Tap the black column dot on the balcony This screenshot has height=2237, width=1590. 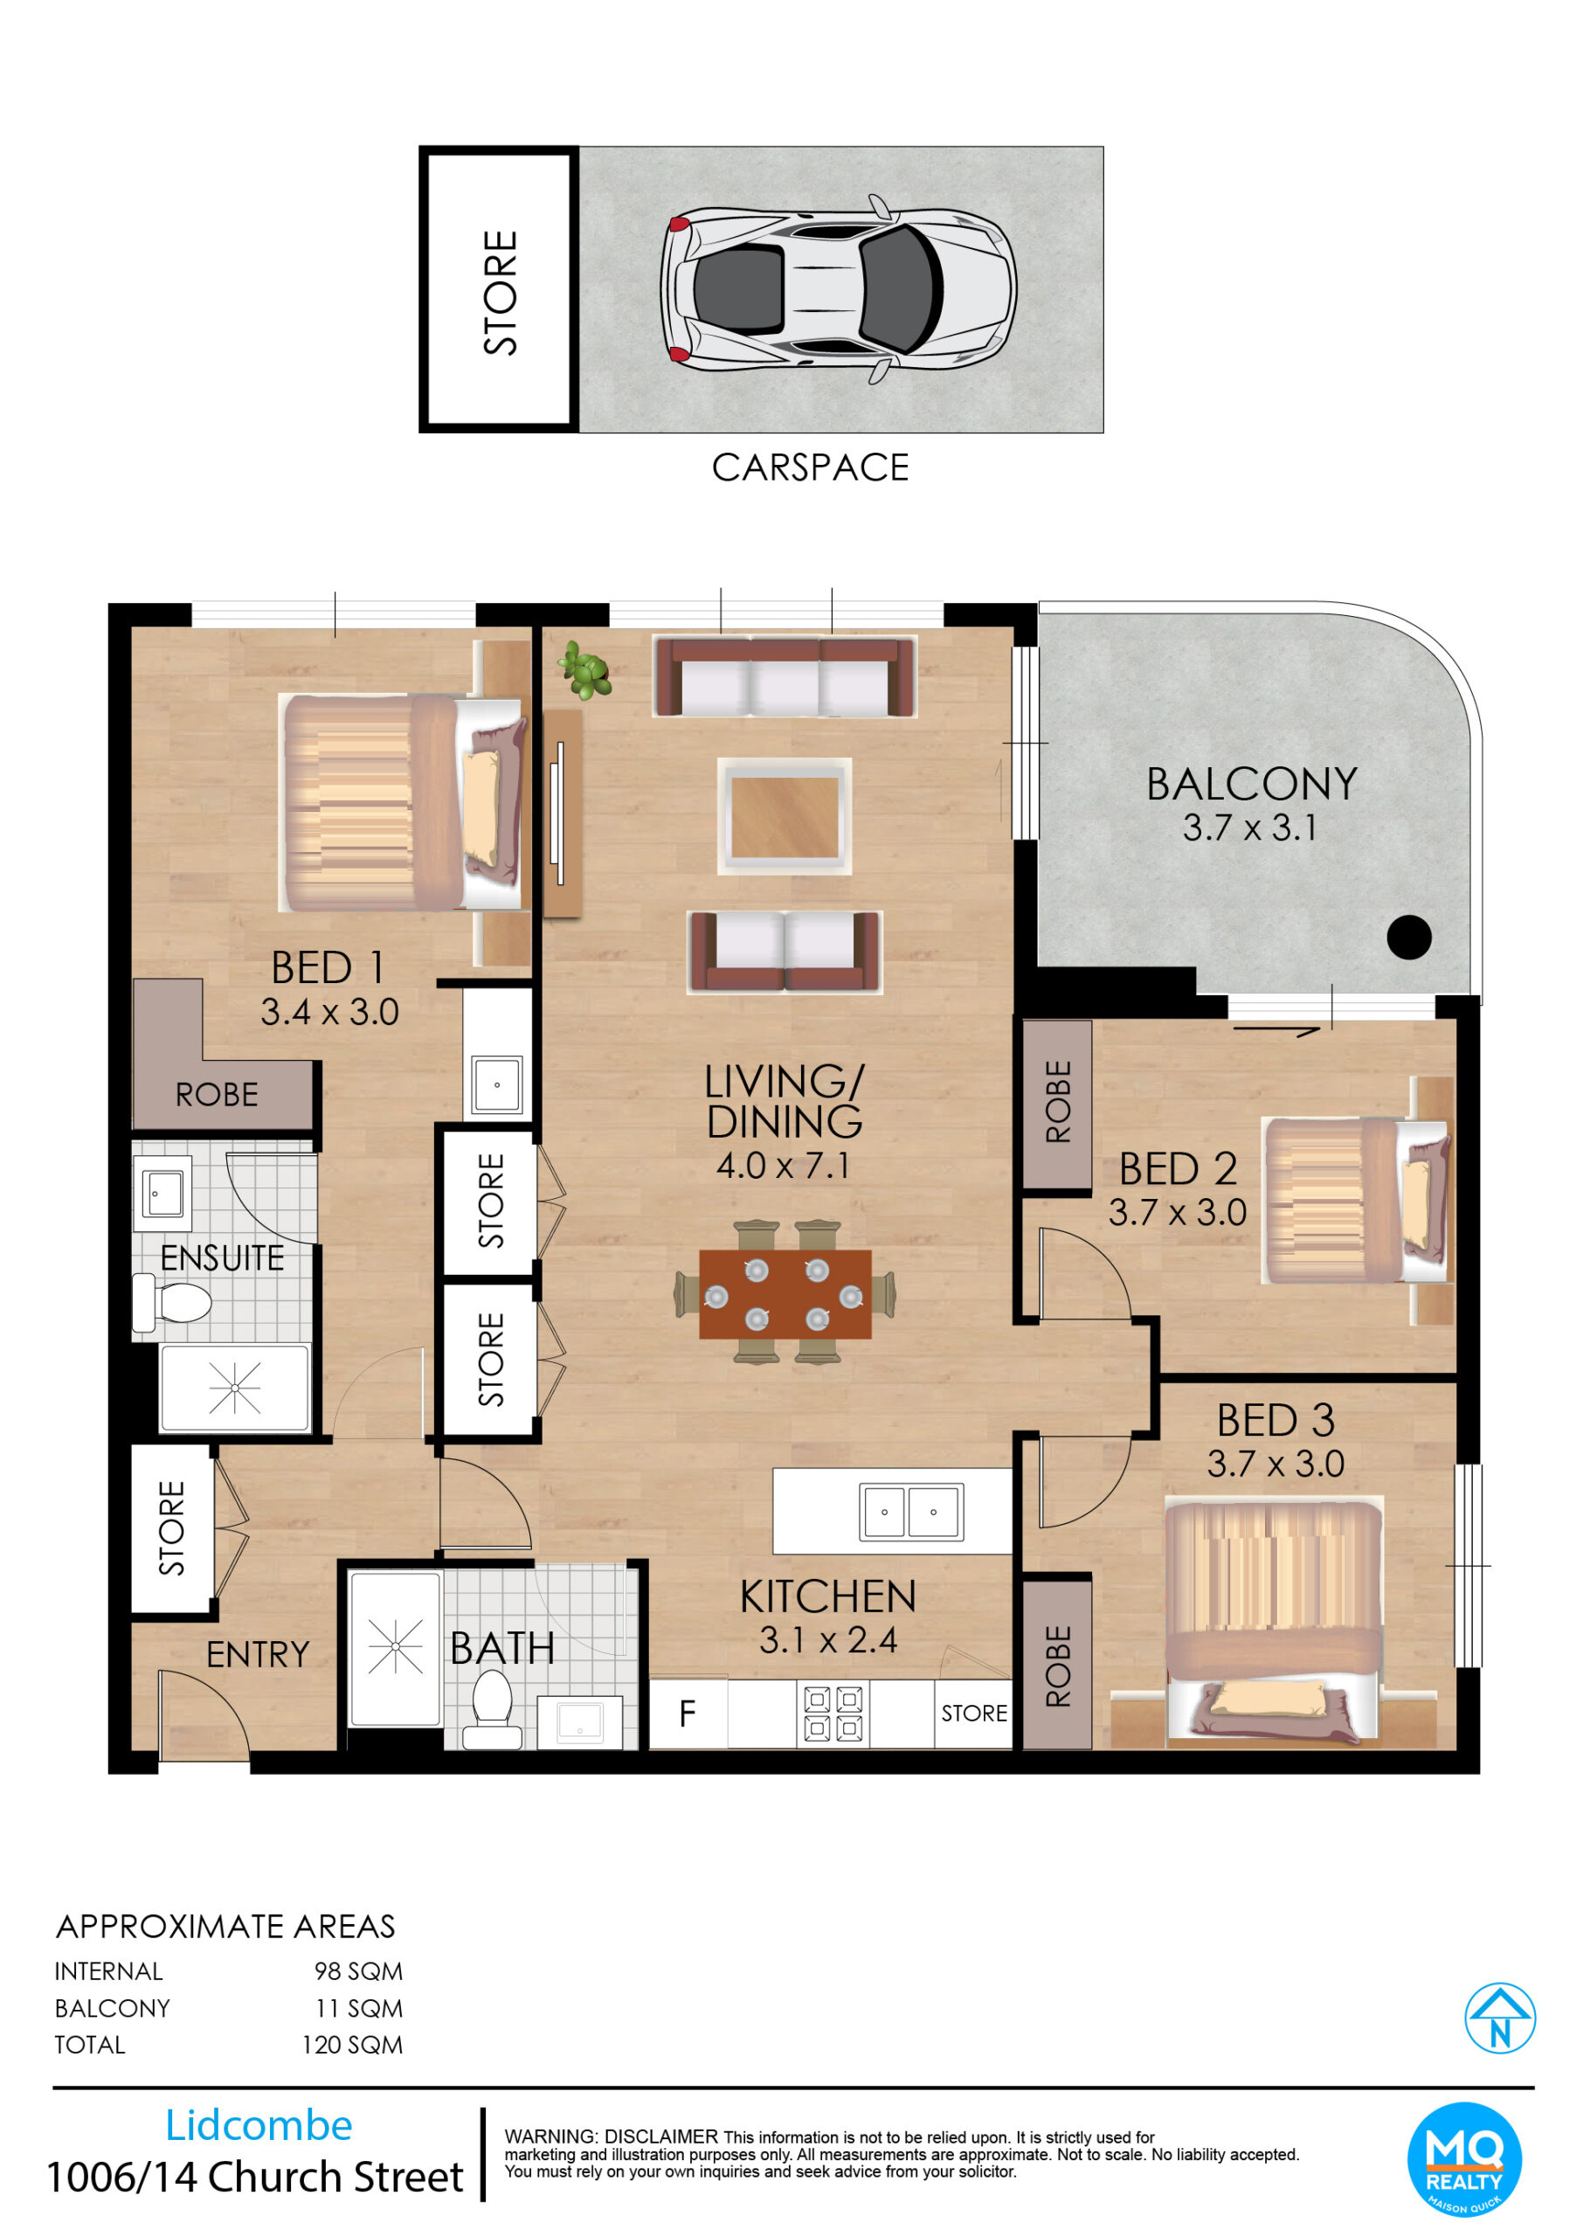(1409, 937)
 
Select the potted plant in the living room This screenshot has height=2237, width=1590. (584, 669)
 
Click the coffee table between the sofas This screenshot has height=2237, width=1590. (785, 815)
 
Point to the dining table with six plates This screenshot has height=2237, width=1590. (785, 1293)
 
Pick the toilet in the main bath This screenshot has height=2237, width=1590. (492, 1708)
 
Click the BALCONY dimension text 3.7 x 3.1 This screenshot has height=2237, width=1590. (1249, 828)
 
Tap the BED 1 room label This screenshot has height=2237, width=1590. (328, 967)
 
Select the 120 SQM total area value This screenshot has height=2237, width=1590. (351, 2044)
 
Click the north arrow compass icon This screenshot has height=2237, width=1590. (1499, 2018)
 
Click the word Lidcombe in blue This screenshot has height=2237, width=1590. (259, 2124)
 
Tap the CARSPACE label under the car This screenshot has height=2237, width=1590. (810, 468)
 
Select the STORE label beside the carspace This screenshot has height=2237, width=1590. (500, 292)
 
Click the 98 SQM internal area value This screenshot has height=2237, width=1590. (358, 1970)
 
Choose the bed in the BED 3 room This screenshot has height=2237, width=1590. (1273, 1620)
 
